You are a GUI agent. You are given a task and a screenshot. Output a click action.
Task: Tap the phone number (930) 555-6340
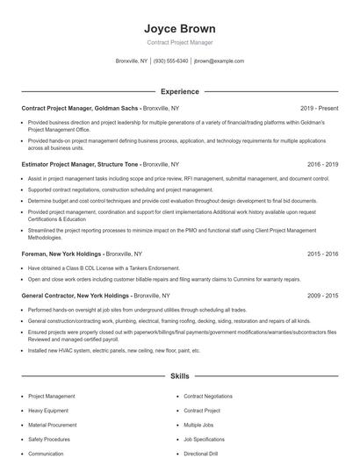point(170,61)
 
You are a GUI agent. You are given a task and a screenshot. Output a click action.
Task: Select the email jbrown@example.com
point(219,61)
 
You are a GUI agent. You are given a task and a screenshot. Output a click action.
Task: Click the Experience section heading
point(179,91)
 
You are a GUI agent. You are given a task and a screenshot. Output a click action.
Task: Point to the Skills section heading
point(179,376)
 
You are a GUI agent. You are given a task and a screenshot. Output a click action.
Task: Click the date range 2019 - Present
point(320,108)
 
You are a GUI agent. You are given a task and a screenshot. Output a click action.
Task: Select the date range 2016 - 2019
point(322,164)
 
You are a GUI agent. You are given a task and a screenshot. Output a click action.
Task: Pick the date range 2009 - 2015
point(322,296)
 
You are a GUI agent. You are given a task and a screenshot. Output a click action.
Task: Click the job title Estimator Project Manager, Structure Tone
point(80,164)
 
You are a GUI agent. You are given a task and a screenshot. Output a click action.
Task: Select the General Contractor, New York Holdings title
point(75,296)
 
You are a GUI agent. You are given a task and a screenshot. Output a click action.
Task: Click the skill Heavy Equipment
point(48,411)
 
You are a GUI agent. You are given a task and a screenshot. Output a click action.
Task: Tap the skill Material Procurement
point(53,425)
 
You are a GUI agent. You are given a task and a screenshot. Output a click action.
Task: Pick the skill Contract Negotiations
point(208,396)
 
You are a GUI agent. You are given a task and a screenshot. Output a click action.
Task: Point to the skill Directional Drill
point(201,454)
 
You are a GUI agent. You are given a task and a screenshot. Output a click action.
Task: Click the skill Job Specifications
point(204,439)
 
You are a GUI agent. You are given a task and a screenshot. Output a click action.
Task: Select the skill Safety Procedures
point(49,439)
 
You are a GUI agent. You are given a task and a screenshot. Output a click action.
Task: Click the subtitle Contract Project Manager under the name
point(179,42)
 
